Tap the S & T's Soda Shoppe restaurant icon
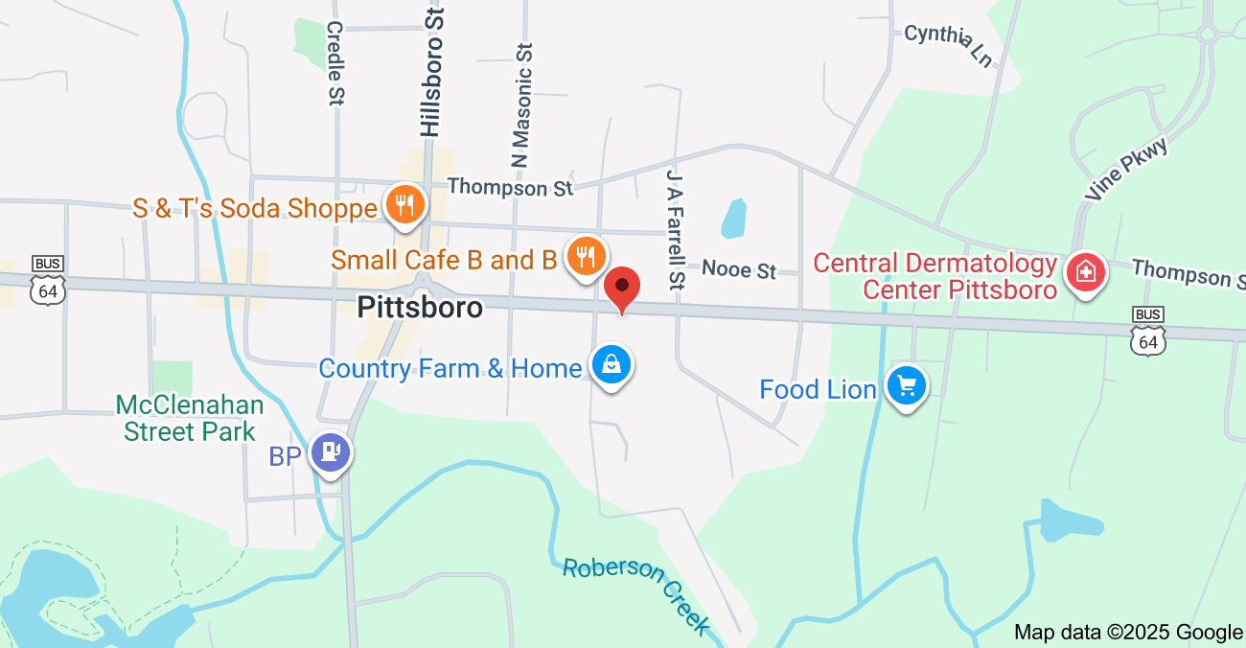click(404, 205)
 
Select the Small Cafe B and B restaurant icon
click(585, 256)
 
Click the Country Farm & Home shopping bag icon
click(610, 365)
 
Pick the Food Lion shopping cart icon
click(906, 386)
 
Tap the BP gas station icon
click(331, 452)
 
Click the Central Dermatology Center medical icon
click(1086, 272)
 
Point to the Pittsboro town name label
click(420, 307)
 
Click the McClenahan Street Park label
click(190, 418)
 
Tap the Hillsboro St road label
click(432, 72)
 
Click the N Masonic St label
click(520, 105)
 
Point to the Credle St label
click(335, 63)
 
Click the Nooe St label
click(739, 269)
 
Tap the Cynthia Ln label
click(948, 45)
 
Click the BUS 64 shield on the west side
click(48, 280)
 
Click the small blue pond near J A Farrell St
click(733, 219)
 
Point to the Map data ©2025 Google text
click(1128, 632)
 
